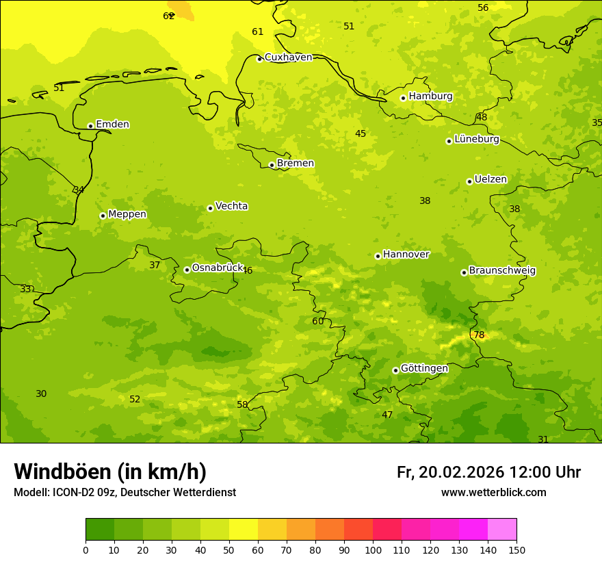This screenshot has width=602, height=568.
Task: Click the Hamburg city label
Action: pos(430,96)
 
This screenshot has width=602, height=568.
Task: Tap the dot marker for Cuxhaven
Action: pos(259,59)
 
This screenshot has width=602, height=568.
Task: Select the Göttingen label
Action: pos(424,368)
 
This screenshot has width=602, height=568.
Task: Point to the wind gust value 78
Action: pos(479,335)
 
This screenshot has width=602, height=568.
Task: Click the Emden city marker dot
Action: pos(90,126)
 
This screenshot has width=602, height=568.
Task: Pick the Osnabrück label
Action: pos(218,268)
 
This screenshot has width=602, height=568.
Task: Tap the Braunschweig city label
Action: pos(502,270)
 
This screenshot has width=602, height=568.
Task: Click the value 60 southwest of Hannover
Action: pos(318,321)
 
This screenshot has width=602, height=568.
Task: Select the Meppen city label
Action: pos(127,214)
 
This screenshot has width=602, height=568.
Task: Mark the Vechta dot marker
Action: pos(210,208)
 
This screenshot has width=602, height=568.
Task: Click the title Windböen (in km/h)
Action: pos(110,472)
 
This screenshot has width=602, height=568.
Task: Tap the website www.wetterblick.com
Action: pos(493,493)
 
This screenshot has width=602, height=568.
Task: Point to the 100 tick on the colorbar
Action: pos(373,550)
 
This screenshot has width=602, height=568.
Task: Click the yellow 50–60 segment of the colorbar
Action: pos(244,530)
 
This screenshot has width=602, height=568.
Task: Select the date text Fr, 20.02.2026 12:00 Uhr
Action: pos(488,472)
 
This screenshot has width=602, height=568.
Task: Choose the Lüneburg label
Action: pos(477,139)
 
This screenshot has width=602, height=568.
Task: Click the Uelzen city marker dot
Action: pos(469,181)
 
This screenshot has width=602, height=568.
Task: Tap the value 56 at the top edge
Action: pos(483,8)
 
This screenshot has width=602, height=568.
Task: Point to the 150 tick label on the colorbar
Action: pos(516,550)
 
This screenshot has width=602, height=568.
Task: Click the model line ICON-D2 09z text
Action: pos(125,493)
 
